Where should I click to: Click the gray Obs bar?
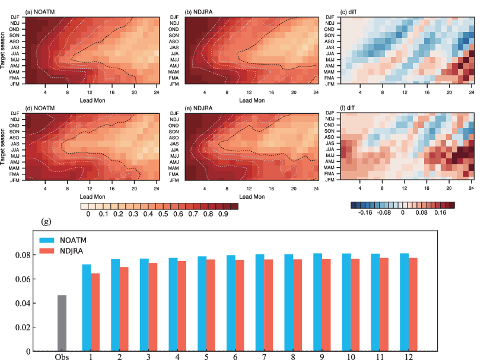[62, 323]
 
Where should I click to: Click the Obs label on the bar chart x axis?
[62, 356]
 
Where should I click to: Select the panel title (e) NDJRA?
[201, 106]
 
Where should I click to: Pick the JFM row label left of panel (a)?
[15, 84]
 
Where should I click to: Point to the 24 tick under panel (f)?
[472, 189]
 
